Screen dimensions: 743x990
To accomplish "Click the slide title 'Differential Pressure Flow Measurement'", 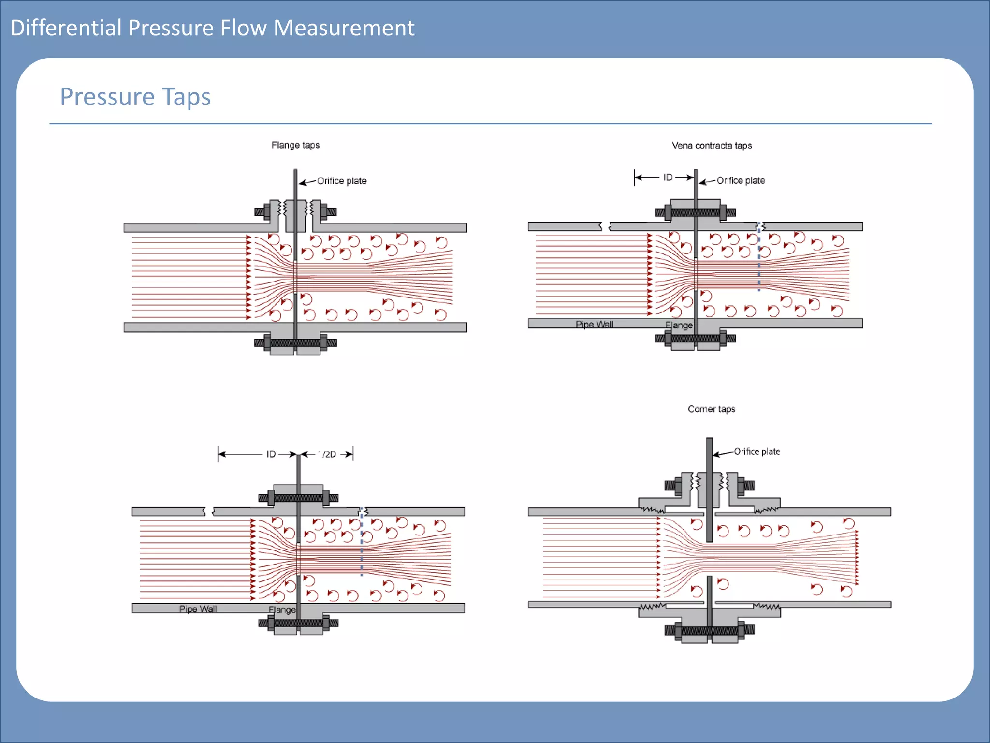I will [212, 28].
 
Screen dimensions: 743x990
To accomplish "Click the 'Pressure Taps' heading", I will [135, 97].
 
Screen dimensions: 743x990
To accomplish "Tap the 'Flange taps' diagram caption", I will [295, 145].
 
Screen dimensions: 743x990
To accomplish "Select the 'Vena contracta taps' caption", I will [712, 146].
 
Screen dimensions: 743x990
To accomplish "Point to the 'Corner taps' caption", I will [712, 409].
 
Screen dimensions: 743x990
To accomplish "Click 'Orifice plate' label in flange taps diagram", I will [342, 181].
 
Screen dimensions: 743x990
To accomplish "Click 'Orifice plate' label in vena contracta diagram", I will [741, 180].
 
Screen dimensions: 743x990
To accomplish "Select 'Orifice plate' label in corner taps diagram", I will [757, 451].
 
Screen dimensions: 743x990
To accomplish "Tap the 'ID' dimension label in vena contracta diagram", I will [668, 178].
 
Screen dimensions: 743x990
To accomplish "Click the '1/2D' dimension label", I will [327, 454].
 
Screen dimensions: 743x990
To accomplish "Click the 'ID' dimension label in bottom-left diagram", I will [271, 454].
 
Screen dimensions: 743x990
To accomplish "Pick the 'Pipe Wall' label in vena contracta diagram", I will [594, 324].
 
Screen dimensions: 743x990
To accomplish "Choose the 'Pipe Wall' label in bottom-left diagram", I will [198, 609].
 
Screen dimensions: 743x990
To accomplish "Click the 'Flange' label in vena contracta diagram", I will [679, 325].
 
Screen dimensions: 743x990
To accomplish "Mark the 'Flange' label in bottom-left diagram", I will [282, 609].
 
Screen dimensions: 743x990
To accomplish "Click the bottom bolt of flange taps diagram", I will [295, 343].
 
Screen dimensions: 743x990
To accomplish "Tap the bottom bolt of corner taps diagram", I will [709, 630].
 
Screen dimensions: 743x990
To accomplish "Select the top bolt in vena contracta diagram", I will [696, 212].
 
